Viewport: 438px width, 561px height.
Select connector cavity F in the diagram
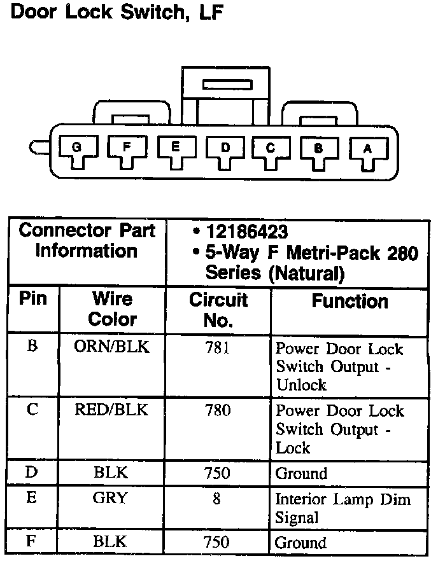click(x=127, y=149)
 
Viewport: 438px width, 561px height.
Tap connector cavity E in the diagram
click(x=176, y=149)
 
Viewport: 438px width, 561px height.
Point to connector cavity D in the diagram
click(x=224, y=150)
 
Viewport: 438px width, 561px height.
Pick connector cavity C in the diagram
click(x=271, y=150)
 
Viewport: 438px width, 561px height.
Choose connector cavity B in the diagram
click(x=319, y=150)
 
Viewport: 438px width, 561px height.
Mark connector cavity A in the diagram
click(x=367, y=150)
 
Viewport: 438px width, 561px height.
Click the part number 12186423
click(x=246, y=232)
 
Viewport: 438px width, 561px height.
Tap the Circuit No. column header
click(x=218, y=310)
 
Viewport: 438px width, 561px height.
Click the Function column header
click(x=350, y=301)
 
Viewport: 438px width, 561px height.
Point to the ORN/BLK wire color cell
click(x=112, y=348)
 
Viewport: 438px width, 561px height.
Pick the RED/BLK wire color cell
click(x=112, y=410)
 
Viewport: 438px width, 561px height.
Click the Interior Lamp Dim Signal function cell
click(x=343, y=508)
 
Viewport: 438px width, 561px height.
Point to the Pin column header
click(x=33, y=299)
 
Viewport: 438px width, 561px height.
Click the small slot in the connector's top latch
click(x=227, y=84)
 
